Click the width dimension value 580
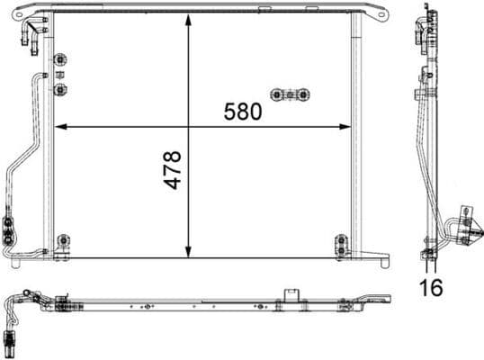pyautogui.click(x=243, y=112)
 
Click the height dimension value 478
pyautogui.click(x=172, y=168)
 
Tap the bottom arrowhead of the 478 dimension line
pyautogui.click(x=188, y=251)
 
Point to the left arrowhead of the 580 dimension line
pyautogui.click(x=59, y=126)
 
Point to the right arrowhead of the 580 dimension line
pyautogui.click(x=346, y=126)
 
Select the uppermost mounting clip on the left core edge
pyautogui.click(x=60, y=61)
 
